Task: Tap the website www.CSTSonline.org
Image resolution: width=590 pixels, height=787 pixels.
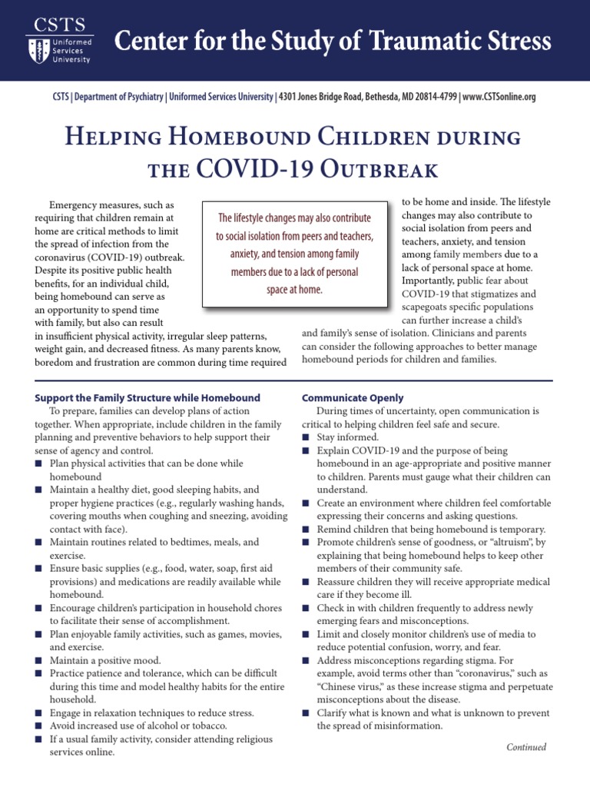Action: tap(499, 97)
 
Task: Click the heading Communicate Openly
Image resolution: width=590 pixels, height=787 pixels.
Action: tap(353, 398)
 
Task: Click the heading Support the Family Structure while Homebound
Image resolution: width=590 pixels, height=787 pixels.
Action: tap(147, 398)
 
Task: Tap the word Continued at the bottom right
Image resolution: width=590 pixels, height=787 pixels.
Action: tap(525, 746)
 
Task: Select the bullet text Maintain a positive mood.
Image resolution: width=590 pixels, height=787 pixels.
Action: tap(105, 660)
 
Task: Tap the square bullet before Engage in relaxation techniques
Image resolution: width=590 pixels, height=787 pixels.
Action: tap(39, 712)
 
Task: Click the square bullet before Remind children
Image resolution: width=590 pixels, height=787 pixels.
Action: tap(306, 530)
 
